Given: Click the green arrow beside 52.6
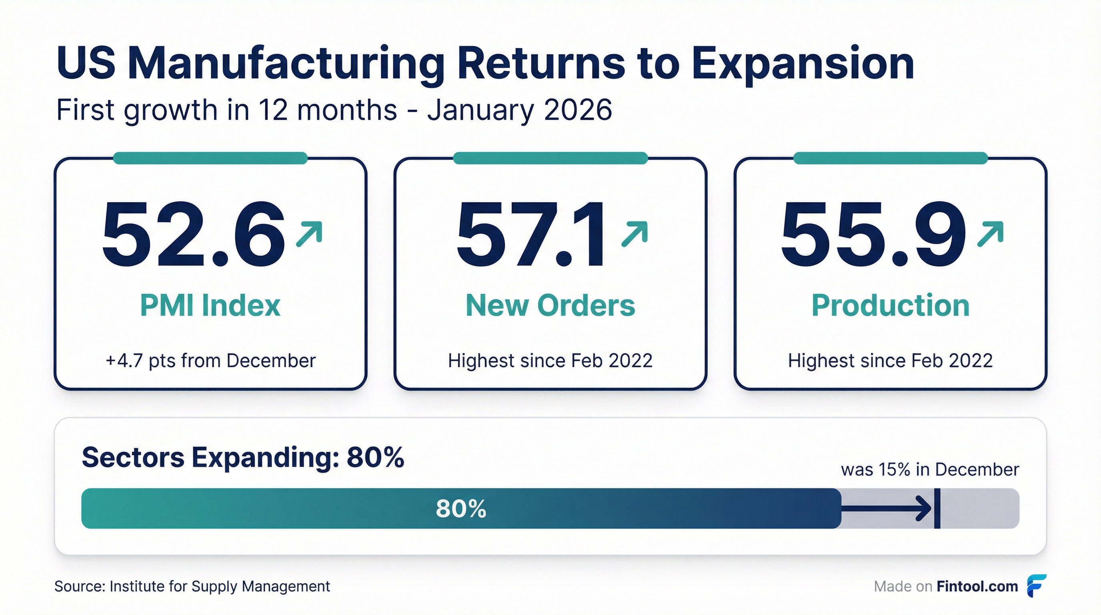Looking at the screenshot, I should tap(309, 233).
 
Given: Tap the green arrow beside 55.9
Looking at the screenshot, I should tap(990, 233).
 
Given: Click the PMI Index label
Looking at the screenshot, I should tap(210, 305).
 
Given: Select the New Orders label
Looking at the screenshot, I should tap(550, 305).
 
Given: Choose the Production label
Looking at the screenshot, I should tap(891, 305).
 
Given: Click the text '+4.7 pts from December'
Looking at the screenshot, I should tap(210, 360).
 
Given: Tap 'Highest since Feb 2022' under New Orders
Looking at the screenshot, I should tap(550, 360).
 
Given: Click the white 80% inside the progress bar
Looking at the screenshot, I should tap(461, 508).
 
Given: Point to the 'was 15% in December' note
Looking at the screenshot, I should tap(930, 470).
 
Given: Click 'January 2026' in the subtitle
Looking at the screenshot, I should tap(520, 110).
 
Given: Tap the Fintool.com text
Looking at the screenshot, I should tap(977, 586).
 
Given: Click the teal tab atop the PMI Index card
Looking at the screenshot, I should tap(210, 158).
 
